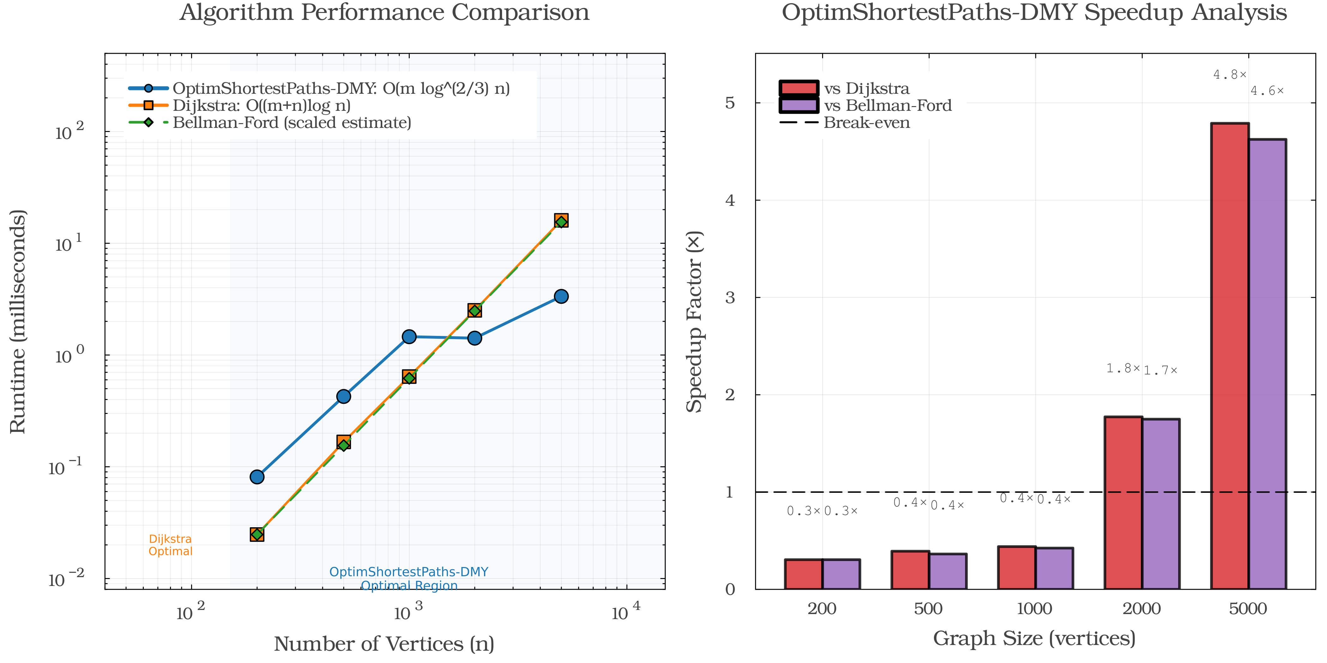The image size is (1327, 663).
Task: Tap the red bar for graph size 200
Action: tap(803, 574)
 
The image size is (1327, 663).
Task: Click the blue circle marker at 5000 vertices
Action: tap(561, 296)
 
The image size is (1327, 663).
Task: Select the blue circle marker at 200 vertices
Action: tap(257, 477)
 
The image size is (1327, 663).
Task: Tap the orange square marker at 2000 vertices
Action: tap(475, 310)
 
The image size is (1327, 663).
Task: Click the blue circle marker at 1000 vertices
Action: tap(409, 337)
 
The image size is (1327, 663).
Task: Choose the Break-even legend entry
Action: tap(866, 122)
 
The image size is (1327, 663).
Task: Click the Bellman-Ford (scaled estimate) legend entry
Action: tap(292, 122)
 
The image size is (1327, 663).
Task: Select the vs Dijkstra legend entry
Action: tap(866, 88)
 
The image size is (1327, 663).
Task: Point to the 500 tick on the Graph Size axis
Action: tap(928, 609)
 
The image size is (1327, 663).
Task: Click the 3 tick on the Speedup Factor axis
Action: tap(730, 297)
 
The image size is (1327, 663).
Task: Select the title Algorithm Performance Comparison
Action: tap(384, 12)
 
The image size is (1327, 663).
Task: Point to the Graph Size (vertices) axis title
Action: tap(1034, 639)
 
